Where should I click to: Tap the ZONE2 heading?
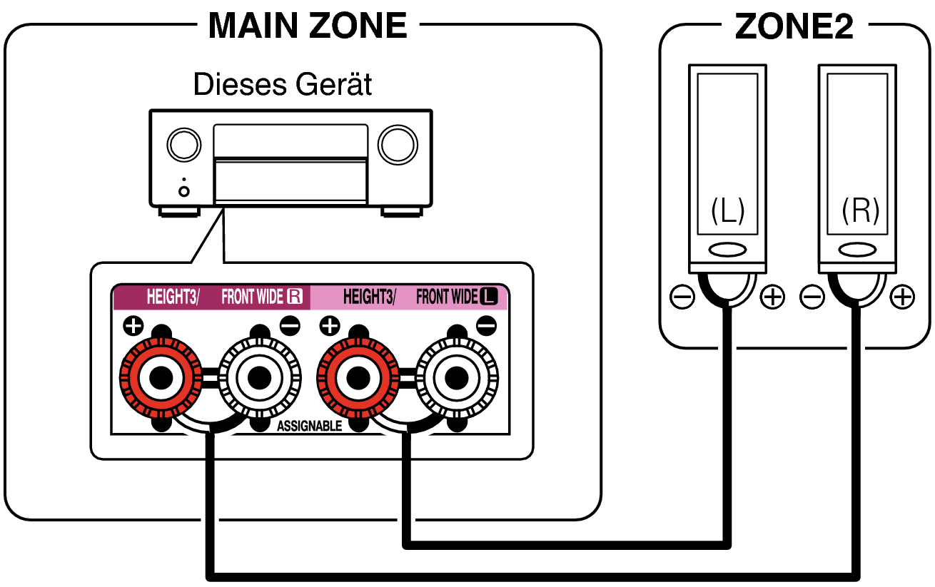click(793, 27)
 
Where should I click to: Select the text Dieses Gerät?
click(283, 85)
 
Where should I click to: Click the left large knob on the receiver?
click(183, 145)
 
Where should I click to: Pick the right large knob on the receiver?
click(398, 145)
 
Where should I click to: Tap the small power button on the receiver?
click(184, 190)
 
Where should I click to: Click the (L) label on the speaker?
click(727, 211)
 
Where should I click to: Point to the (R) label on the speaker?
click(859, 211)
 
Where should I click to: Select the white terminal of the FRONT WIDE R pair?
click(259, 377)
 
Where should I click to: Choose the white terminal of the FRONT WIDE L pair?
click(456, 377)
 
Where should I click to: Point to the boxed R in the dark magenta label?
click(295, 297)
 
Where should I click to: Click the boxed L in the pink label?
click(488, 297)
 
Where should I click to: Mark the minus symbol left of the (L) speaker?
click(682, 297)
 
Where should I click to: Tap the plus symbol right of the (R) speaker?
click(903, 297)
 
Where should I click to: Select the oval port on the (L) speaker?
click(727, 251)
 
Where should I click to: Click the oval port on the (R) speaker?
click(857, 251)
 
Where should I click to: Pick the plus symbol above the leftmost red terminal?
click(133, 327)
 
